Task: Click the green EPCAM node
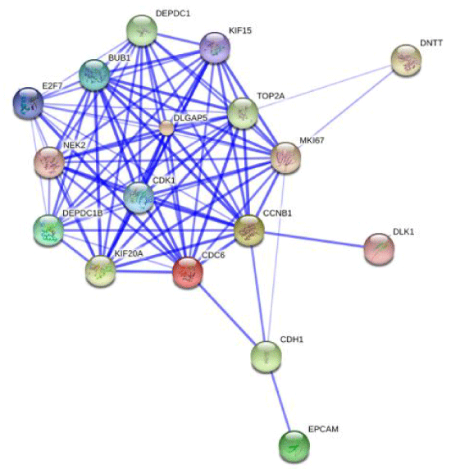click(x=294, y=447)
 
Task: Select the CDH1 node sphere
click(x=266, y=357)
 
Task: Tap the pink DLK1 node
click(x=379, y=249)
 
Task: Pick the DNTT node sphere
click(x=406, y=60)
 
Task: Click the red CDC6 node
click(x=188, y=272)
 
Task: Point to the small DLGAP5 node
click(x=166, y=128)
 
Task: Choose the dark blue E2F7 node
click(x=29, y=103)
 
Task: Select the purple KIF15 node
click(x=215, y=48)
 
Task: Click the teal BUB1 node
click(x=94, y=75)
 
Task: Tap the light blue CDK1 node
click(x=139, y=198)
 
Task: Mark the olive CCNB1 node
click(x=248, y=230)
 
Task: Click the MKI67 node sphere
click(x=285, y=157)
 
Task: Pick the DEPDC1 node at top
click(x=142, y=30)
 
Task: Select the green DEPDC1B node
click(x=48, y=230)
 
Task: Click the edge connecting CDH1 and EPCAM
click(x=280, y=402)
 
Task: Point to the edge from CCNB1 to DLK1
click(x=314, y=239)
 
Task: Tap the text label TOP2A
click(x=271, y=96)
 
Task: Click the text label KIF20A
click(x=129, y=253)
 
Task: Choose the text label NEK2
click(x=75, y=145)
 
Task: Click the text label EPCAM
click(x=323, y=429)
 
